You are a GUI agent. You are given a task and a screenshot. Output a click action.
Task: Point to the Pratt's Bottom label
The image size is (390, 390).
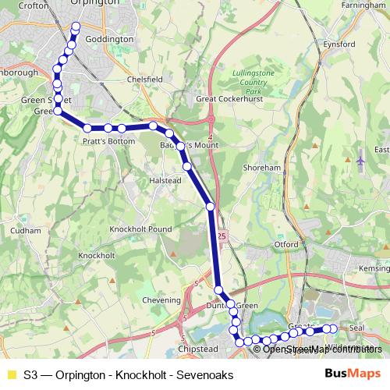pos(104,143)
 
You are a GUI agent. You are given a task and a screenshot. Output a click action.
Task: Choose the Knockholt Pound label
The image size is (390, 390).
pos(140,229)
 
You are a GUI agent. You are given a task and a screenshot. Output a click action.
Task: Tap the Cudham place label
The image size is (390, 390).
pos(27,231)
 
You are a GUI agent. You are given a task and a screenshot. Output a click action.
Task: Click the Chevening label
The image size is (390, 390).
pos(151,300)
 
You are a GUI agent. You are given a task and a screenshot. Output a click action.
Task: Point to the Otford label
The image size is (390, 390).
pos(285,244)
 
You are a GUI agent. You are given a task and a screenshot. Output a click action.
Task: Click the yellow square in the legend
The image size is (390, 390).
pos(10,374)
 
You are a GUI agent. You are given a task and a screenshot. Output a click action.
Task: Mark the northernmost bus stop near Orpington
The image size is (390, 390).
pos(76,27)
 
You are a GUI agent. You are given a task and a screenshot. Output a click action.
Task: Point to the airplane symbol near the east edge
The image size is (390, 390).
pos(360,161)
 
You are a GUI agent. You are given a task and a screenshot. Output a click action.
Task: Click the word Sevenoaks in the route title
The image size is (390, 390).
pos(207,374)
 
